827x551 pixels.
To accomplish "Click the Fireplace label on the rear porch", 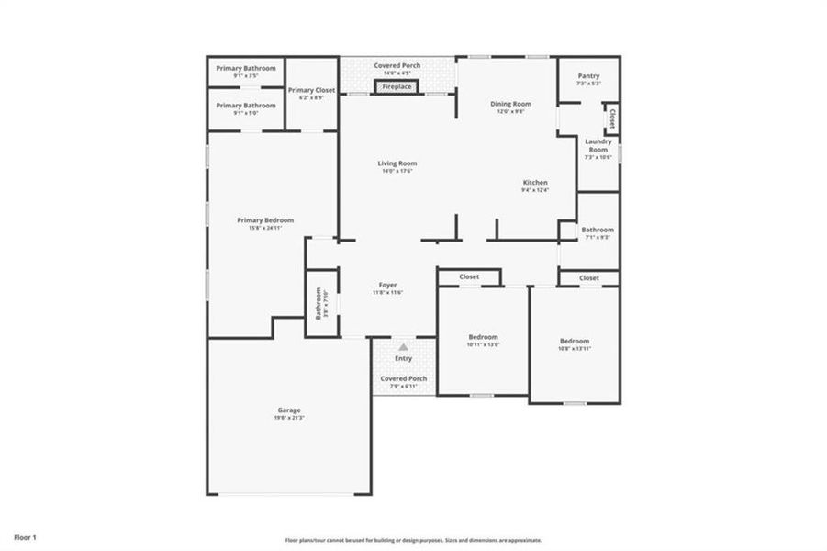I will coord(397,87).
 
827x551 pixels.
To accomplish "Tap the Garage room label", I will coord(289,410).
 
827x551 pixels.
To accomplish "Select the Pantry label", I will coord(588,75).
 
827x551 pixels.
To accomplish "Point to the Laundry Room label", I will coord(598,145).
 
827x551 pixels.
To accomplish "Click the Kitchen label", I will coord(535,182).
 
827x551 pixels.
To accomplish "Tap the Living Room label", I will coord(397,163).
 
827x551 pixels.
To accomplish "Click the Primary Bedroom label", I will coord(265,219).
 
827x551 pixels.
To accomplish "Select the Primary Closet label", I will coord(311,90).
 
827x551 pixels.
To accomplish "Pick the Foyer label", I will coord(388,285).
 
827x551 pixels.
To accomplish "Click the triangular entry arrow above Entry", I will coord(403,347).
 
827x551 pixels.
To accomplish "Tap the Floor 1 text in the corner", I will coord(25,535).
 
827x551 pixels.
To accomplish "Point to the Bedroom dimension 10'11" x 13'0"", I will coord(483,345).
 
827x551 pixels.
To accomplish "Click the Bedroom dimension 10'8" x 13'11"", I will coord(575,348).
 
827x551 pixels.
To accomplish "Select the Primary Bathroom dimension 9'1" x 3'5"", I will coord(245,75).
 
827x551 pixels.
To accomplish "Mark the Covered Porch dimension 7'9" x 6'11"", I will coord(404,387).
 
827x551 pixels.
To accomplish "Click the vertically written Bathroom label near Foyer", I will coord(319,304).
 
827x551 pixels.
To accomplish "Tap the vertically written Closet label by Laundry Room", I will coord(609,118).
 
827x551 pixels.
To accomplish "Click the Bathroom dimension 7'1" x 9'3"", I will coord(598,237).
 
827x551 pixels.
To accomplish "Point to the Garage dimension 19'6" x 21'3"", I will coord(289,418).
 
